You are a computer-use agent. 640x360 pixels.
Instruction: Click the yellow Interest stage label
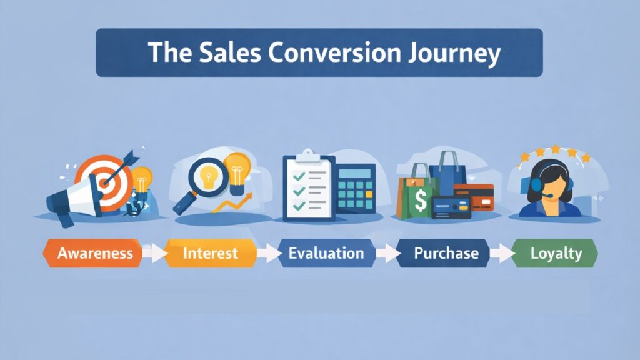210,253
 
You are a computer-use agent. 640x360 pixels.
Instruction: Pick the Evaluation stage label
326,253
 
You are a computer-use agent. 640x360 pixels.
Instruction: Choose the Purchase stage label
446,253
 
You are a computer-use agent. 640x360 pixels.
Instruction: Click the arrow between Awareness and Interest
154,254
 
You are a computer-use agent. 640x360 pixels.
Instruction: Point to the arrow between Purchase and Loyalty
502,254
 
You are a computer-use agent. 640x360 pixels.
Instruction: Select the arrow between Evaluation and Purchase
388,254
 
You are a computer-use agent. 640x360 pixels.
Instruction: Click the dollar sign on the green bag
421,201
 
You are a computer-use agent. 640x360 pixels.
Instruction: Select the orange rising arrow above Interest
237,202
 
